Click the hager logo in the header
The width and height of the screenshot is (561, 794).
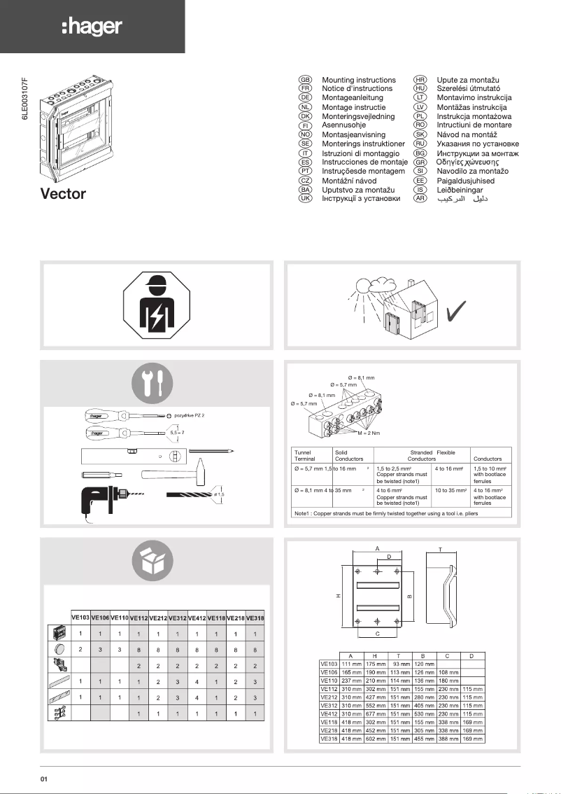pyautogui.click(x=92, y=27)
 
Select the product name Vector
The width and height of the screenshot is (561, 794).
pyautogui.click(x=63, y=193)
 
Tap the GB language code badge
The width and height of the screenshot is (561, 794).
pyautogui.click(x=305, y=81)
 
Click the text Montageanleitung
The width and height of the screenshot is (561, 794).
pyautogui.click(x=353, y=98)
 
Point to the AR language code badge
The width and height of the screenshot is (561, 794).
pyautogui.click(x=420, y=198)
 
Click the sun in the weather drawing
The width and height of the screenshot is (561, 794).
pyautogui.click(x=364, y=285)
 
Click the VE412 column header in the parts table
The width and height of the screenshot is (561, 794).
pyautogui.click(x=197, y=618)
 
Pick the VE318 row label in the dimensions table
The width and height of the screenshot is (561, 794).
pyautogui.click(x=329, y=738)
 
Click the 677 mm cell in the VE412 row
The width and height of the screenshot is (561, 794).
pyautogui.click(x=376, y=713)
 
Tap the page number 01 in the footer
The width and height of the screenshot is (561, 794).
pyautogui.click(x=43, y=779)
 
